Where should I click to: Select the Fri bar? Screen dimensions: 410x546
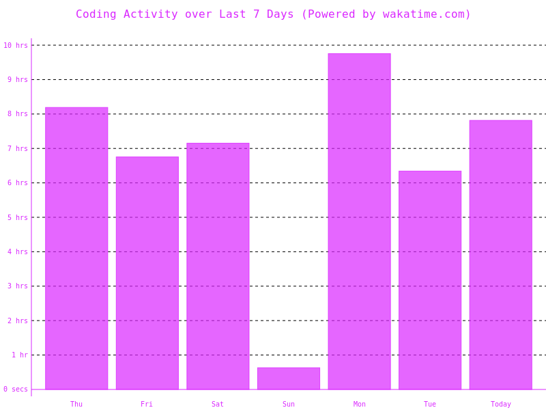(x=147, y=273)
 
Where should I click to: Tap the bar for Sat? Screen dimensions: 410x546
(x=218, y=266)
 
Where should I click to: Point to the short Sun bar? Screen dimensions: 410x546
(x=288, y=379)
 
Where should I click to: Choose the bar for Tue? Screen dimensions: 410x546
(x=430, y=280)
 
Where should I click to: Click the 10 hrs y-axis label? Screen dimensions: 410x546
(x=16, y=45)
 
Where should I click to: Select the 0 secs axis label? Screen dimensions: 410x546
(x=15, y=389)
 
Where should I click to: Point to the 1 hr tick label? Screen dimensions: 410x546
(x=20, y=355)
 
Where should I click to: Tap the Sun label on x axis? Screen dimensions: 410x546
(x=288, y=404)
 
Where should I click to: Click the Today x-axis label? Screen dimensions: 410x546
(x=500, y=404)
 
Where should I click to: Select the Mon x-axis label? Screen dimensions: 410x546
(x=359, y=404)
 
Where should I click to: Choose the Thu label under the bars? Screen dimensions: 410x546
(x=76, y=404)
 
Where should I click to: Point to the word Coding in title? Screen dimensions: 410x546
(x=96, y=14)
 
